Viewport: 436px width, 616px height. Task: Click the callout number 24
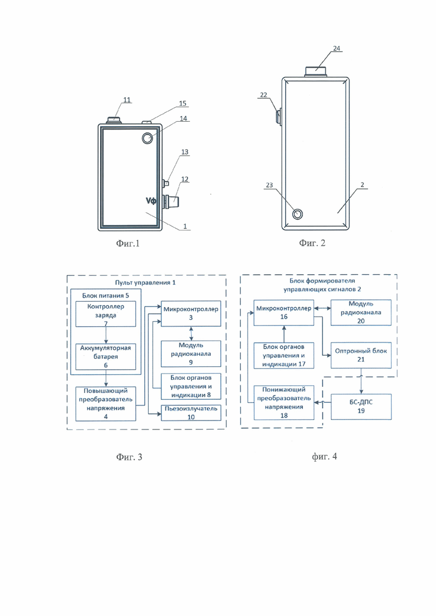click(x=337, y=49)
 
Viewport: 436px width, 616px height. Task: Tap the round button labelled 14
click(x=148, y=139)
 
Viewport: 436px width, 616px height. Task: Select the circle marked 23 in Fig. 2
click(x=297, y=214)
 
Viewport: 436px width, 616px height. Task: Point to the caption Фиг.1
click(x=128, y=243)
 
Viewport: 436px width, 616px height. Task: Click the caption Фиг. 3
click(x=129, y=457)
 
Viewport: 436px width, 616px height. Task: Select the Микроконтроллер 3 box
click(x=191, y=313)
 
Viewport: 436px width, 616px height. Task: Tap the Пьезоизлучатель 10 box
click(x=191, y=413)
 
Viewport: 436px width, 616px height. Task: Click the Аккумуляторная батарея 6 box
click(x=105, y=357)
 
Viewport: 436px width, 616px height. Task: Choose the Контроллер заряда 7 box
click(x=105, y=314)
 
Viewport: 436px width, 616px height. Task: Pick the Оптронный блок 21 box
click(x=361, y=355)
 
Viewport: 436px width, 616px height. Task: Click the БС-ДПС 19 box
click(x=361, y=407)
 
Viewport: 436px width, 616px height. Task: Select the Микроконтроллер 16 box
click(x=284, y=313)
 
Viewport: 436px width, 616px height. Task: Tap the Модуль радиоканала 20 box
click(x=361, y=312)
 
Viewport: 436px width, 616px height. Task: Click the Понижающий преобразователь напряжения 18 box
click(x=284, y=403)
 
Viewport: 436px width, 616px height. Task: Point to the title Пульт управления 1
click(x=145, y=283)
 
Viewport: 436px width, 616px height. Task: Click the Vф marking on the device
click(x=151, y=200)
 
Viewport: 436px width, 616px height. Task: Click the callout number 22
click(x=263, y=95)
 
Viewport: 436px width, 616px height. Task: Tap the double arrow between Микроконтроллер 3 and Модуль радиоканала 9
click(x=191, y=333)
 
